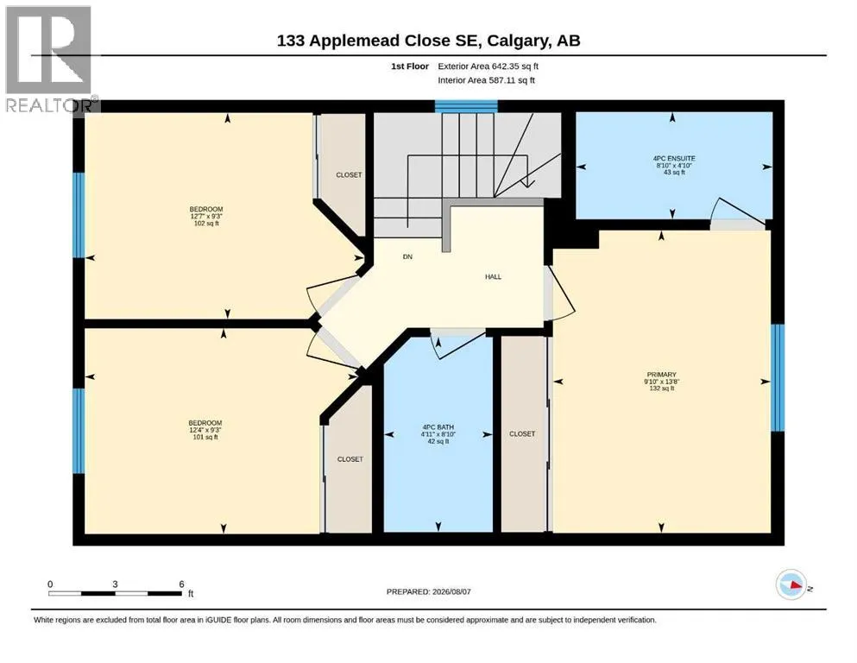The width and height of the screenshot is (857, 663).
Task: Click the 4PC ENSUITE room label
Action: tap(674, 159)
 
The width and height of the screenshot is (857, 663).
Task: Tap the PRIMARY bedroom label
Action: tap(661, 375)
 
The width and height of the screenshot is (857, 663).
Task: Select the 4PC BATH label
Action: tap(438, 427)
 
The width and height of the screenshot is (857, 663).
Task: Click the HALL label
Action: tap(493, 277)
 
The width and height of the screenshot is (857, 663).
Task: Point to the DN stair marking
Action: tap(407, 257)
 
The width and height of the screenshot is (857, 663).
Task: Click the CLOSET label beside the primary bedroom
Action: tap(522, 434)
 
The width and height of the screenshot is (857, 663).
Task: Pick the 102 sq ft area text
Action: tap(206, 224)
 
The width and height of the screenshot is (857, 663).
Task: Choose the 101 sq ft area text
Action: tap(205, 438)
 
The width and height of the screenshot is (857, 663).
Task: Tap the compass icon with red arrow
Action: tap(791, 584)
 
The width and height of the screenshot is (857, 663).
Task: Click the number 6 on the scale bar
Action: tap(181, 584)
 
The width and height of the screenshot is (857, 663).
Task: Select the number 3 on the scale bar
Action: tap(115, 584)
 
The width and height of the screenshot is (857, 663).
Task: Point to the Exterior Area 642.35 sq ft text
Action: tap(488, 66)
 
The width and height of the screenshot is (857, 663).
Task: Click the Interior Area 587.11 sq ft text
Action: tap(487, 80)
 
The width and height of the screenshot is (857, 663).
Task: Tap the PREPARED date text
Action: tap(428, 592)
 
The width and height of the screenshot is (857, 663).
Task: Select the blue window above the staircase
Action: tap(466, 106)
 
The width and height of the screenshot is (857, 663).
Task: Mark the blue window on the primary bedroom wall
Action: tap(778, 378)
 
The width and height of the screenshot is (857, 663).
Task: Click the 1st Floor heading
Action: tap(410, 66)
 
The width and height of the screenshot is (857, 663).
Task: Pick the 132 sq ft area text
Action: tap(661, 388)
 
